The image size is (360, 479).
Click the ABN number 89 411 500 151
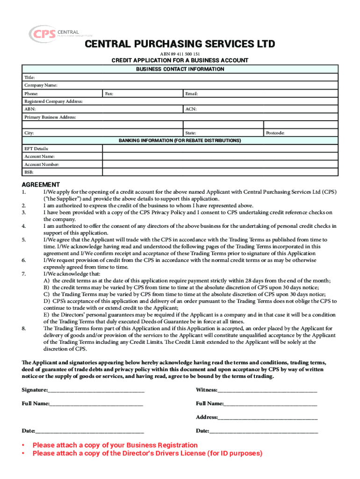180,54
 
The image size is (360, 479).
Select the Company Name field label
41,86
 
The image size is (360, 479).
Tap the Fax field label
109,94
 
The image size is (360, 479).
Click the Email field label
192,94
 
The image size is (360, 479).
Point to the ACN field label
190,109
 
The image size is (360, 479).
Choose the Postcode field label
275,133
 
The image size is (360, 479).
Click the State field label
190,133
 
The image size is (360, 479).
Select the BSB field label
29,173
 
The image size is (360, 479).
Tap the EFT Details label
36,148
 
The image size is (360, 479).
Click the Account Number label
42,165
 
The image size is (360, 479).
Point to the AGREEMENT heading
41,184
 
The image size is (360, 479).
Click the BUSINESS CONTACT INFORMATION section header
180,69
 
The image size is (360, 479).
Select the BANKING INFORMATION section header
180,140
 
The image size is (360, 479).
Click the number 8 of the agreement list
23,328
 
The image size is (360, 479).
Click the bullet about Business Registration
115,445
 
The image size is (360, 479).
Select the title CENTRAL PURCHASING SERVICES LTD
180,44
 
